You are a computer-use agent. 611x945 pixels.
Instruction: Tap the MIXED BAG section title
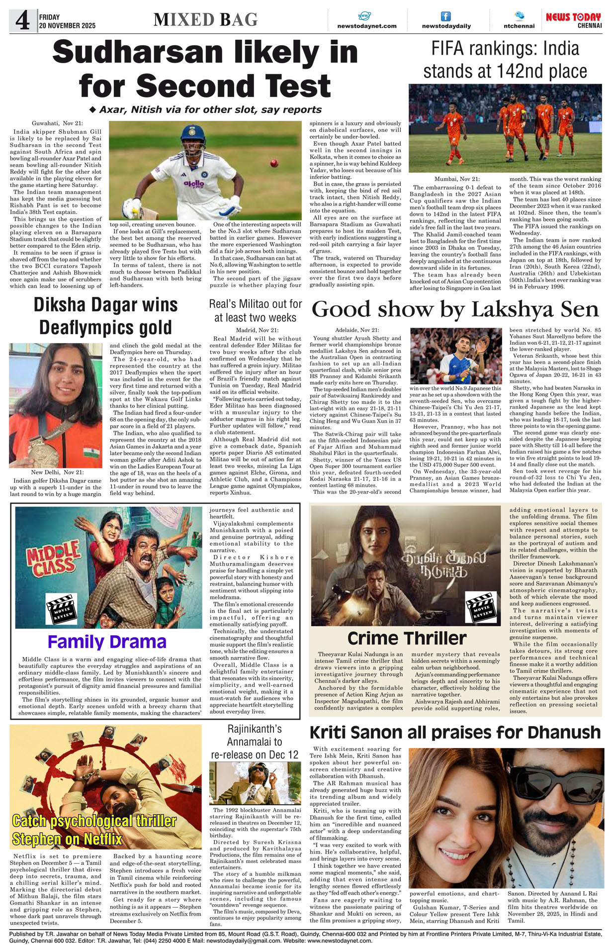(205, 20)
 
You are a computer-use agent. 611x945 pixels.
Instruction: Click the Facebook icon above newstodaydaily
(446, 16)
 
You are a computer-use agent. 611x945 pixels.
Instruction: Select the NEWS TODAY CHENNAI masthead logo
(573, 20)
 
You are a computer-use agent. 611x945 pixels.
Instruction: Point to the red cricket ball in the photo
(273, 163)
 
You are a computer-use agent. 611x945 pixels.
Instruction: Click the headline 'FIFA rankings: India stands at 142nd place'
(505, 60)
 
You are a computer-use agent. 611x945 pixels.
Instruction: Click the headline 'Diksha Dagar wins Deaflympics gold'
(105, 316)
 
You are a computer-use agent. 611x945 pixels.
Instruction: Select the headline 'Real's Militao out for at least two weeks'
(256, 311)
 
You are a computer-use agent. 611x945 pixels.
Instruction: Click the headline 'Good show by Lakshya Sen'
(455, 309)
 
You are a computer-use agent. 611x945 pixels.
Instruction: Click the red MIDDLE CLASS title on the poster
(53, 558)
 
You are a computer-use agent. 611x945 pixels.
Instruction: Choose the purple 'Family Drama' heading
(107, 642)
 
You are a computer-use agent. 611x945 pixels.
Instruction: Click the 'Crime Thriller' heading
(407, 638)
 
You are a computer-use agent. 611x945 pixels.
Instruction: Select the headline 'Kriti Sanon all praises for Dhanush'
(455, 733)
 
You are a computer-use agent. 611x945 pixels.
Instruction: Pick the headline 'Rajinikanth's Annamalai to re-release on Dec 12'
(255, 742)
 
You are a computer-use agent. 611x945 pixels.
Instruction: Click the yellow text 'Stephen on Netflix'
(67, 839)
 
